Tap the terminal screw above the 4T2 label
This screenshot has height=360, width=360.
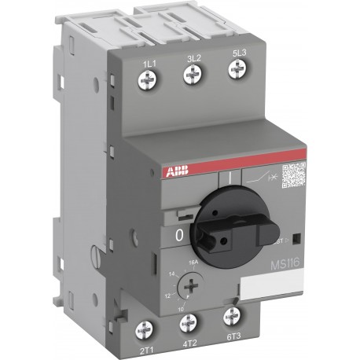coord(189,323)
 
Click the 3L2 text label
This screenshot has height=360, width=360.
coord(189,57)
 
